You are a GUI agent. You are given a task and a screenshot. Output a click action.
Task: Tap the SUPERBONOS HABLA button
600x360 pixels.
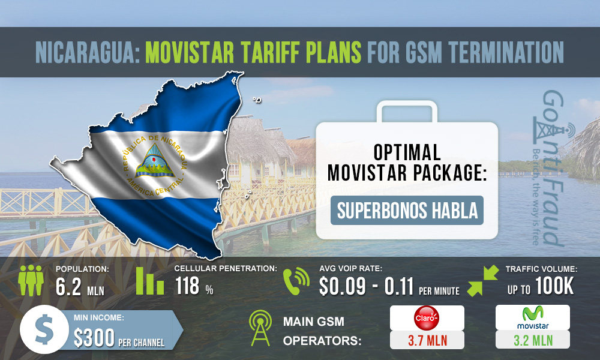(407, 211)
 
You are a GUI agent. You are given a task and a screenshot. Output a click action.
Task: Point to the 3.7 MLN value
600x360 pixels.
(427, 340)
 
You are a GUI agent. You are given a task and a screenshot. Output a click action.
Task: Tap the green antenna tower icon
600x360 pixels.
(262, 329)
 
